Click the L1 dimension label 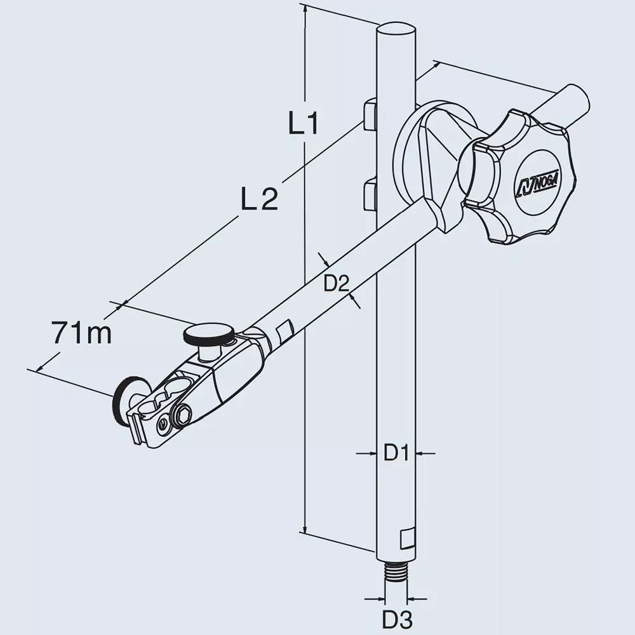point(304,124)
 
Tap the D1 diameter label point(396,453)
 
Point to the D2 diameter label point(337,284)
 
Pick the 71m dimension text point(82,333)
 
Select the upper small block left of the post point(370,114)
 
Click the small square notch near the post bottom point(406,539)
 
